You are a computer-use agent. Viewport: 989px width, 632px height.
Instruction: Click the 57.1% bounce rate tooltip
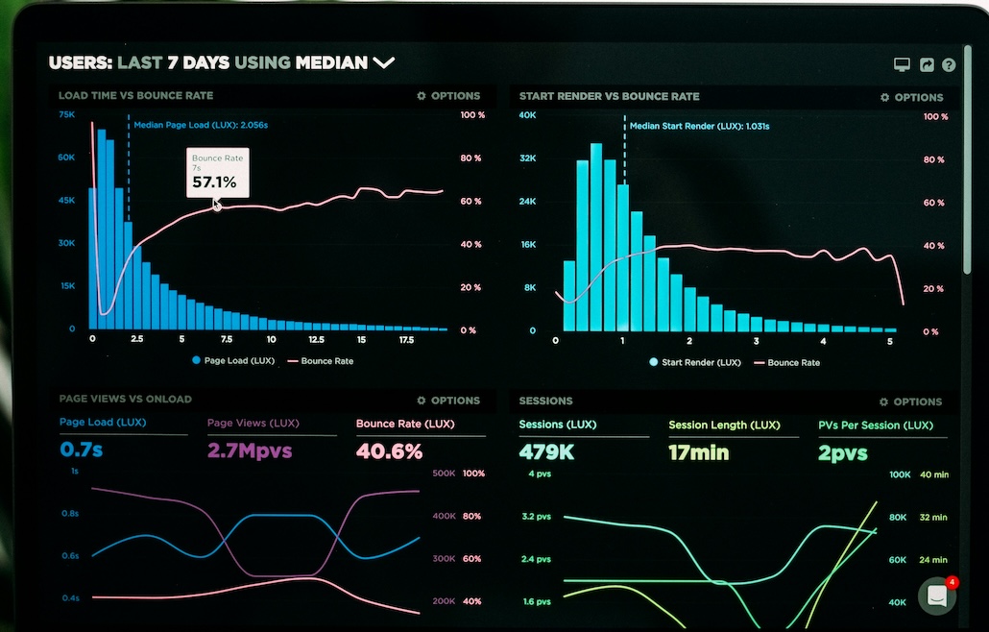coord(217,173)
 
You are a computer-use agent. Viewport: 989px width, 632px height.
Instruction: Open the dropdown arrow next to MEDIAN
coord(384,63)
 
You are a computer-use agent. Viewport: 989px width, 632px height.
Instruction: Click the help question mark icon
coord(949,65)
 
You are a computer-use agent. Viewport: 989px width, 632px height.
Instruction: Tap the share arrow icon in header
coord(927,65)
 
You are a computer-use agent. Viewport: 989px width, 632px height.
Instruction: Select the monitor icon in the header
coord(902,65)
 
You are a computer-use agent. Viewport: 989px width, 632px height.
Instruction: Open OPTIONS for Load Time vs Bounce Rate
coord(448,96)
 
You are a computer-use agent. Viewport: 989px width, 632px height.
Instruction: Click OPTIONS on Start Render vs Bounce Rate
coord(912,97)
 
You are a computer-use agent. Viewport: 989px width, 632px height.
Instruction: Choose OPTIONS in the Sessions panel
coord(911,401)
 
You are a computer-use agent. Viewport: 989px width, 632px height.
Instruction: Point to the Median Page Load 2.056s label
coord(200,125)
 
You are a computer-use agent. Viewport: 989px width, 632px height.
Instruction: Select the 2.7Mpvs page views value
coord(250,450)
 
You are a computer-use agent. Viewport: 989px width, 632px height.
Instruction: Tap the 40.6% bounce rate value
coord(389,450)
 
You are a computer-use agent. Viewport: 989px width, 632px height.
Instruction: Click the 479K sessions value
coord(546,451)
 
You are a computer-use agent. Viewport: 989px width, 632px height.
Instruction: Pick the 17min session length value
coord(698,451)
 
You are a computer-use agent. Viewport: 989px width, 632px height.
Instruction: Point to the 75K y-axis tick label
coord(67,114)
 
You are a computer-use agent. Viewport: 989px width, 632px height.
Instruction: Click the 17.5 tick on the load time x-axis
coord(406,340)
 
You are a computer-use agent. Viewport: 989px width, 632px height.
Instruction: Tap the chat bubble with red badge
coord(937,596)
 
